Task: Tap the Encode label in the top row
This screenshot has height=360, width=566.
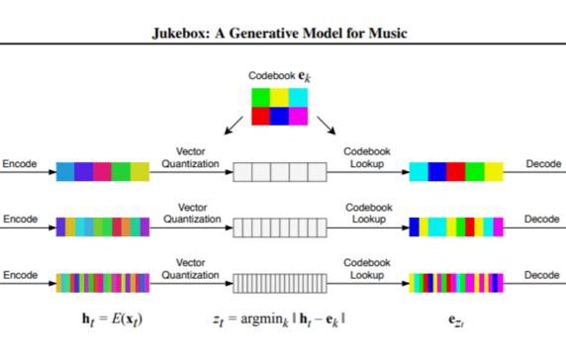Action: click(x=19, y=164)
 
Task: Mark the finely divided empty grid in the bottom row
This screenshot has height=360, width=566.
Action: click(x=279, y=281)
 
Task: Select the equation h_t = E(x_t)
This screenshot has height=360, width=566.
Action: click(x=111, y=318)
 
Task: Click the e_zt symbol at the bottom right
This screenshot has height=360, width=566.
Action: click(x=456, y=319)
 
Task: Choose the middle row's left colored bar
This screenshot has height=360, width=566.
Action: click(x=103, y=226)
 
